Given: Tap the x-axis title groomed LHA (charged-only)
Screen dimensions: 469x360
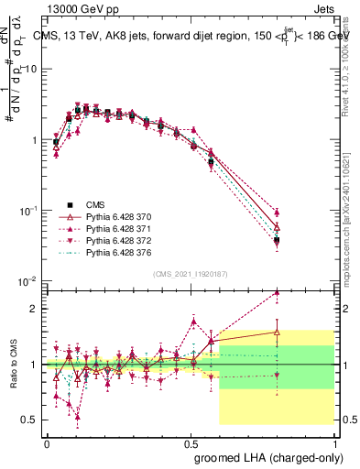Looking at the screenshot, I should pos(279,458).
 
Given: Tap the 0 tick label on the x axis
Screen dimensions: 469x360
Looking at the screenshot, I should pos(47,442).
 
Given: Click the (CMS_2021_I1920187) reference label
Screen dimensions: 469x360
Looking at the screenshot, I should pos(190,274).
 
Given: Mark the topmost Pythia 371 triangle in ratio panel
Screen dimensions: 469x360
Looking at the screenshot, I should pos(278,293).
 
